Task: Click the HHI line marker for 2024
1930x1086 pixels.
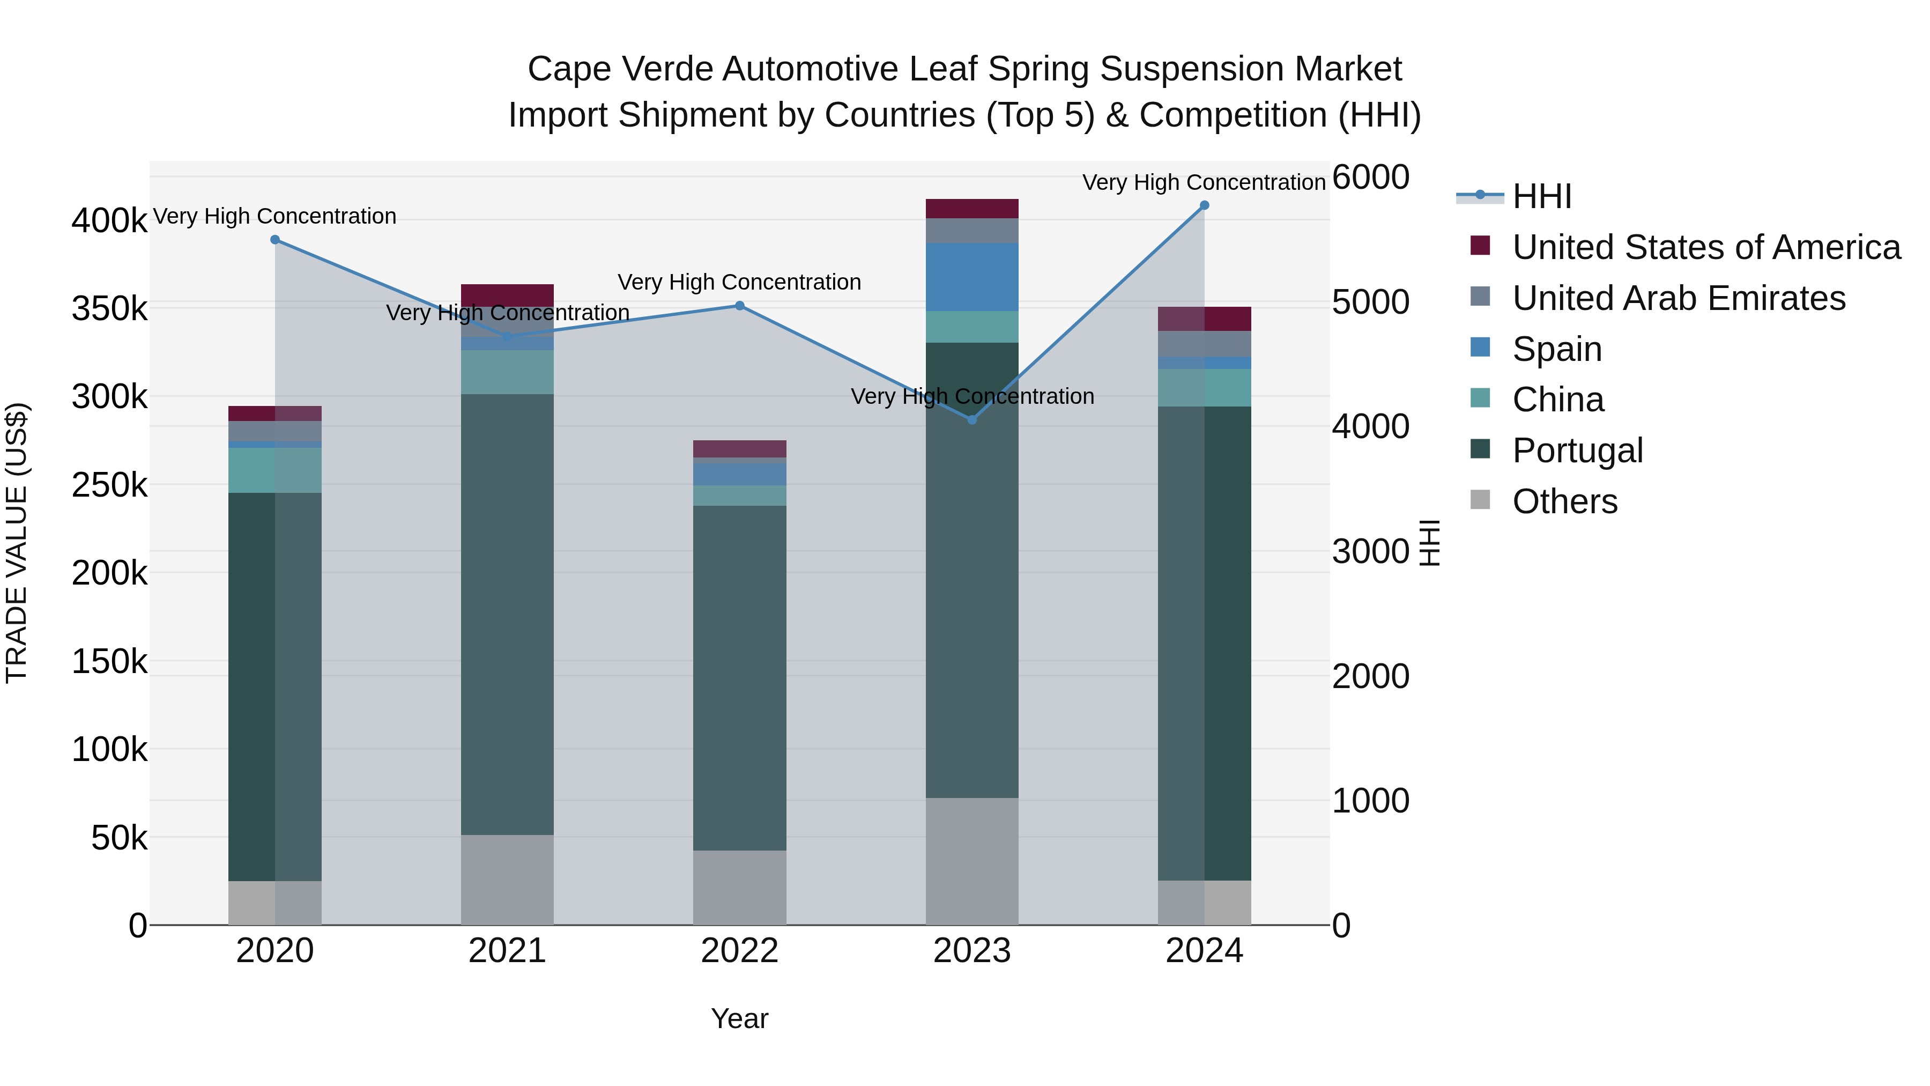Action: coord(1204,205)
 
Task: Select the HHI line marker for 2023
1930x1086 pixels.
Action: coord(972,420)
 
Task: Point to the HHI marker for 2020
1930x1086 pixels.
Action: coord(275,240)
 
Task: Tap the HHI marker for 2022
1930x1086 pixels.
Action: coord(739,306)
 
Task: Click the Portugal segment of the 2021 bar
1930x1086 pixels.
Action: coord(507,615)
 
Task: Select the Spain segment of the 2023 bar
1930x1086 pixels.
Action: coord(972,277)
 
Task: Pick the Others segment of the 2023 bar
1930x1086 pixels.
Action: coord(972,861)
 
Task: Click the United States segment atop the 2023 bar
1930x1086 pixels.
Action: coord(972,209)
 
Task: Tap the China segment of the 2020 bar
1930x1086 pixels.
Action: coord(275,470)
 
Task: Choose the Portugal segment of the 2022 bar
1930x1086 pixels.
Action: coord(739,678)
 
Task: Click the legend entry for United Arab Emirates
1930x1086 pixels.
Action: coord(1678,298)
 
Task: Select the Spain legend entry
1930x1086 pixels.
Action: coord(1557,349)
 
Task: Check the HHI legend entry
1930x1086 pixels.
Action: coord(1542,196)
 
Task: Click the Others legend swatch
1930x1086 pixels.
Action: coord(1480,500)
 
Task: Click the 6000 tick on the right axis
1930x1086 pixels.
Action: coord(1370,178)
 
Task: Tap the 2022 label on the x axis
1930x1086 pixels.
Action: coord(739,951)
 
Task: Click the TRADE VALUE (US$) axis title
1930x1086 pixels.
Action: coord(17,543)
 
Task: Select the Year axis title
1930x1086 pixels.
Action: coord(739,1018)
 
